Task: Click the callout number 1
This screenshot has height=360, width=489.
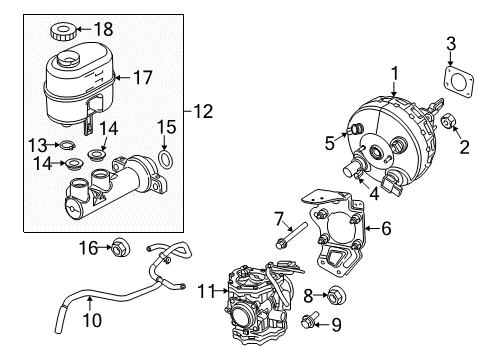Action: click(394, 72)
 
